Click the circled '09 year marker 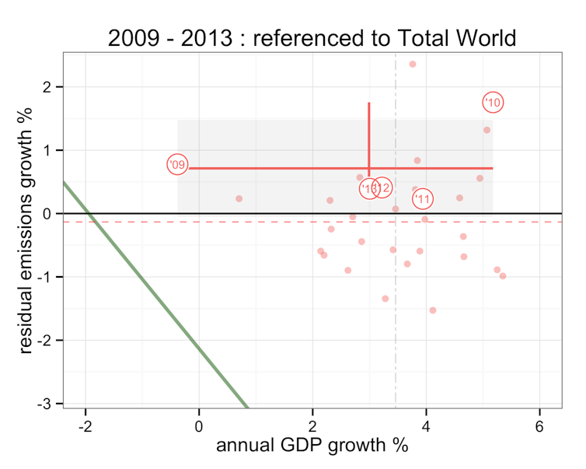pos(177,164)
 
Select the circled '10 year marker pos(494,102)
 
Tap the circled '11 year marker pos(423,200)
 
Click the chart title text pos(312,39)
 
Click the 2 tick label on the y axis pos(47,86)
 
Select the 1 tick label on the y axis pos(47,150)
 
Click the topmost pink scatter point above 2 pos(413,64)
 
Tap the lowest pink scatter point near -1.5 pos(433,310)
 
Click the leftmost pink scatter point pos(239,198)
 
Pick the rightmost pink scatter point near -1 pos(503,276)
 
